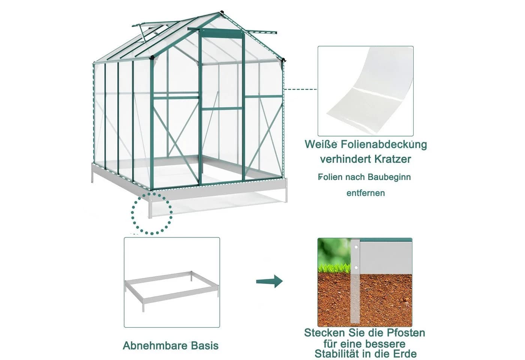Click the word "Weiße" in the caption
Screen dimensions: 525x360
[321, 144]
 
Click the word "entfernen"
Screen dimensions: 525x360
[366, 193]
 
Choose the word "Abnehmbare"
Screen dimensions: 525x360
[155, 345]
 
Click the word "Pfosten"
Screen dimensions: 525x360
[406, 333]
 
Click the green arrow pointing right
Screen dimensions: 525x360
[269, 281]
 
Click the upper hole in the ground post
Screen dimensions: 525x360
[356, 247]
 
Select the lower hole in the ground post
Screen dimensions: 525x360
[356, 267]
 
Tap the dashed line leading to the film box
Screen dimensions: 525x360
[300, 89]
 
